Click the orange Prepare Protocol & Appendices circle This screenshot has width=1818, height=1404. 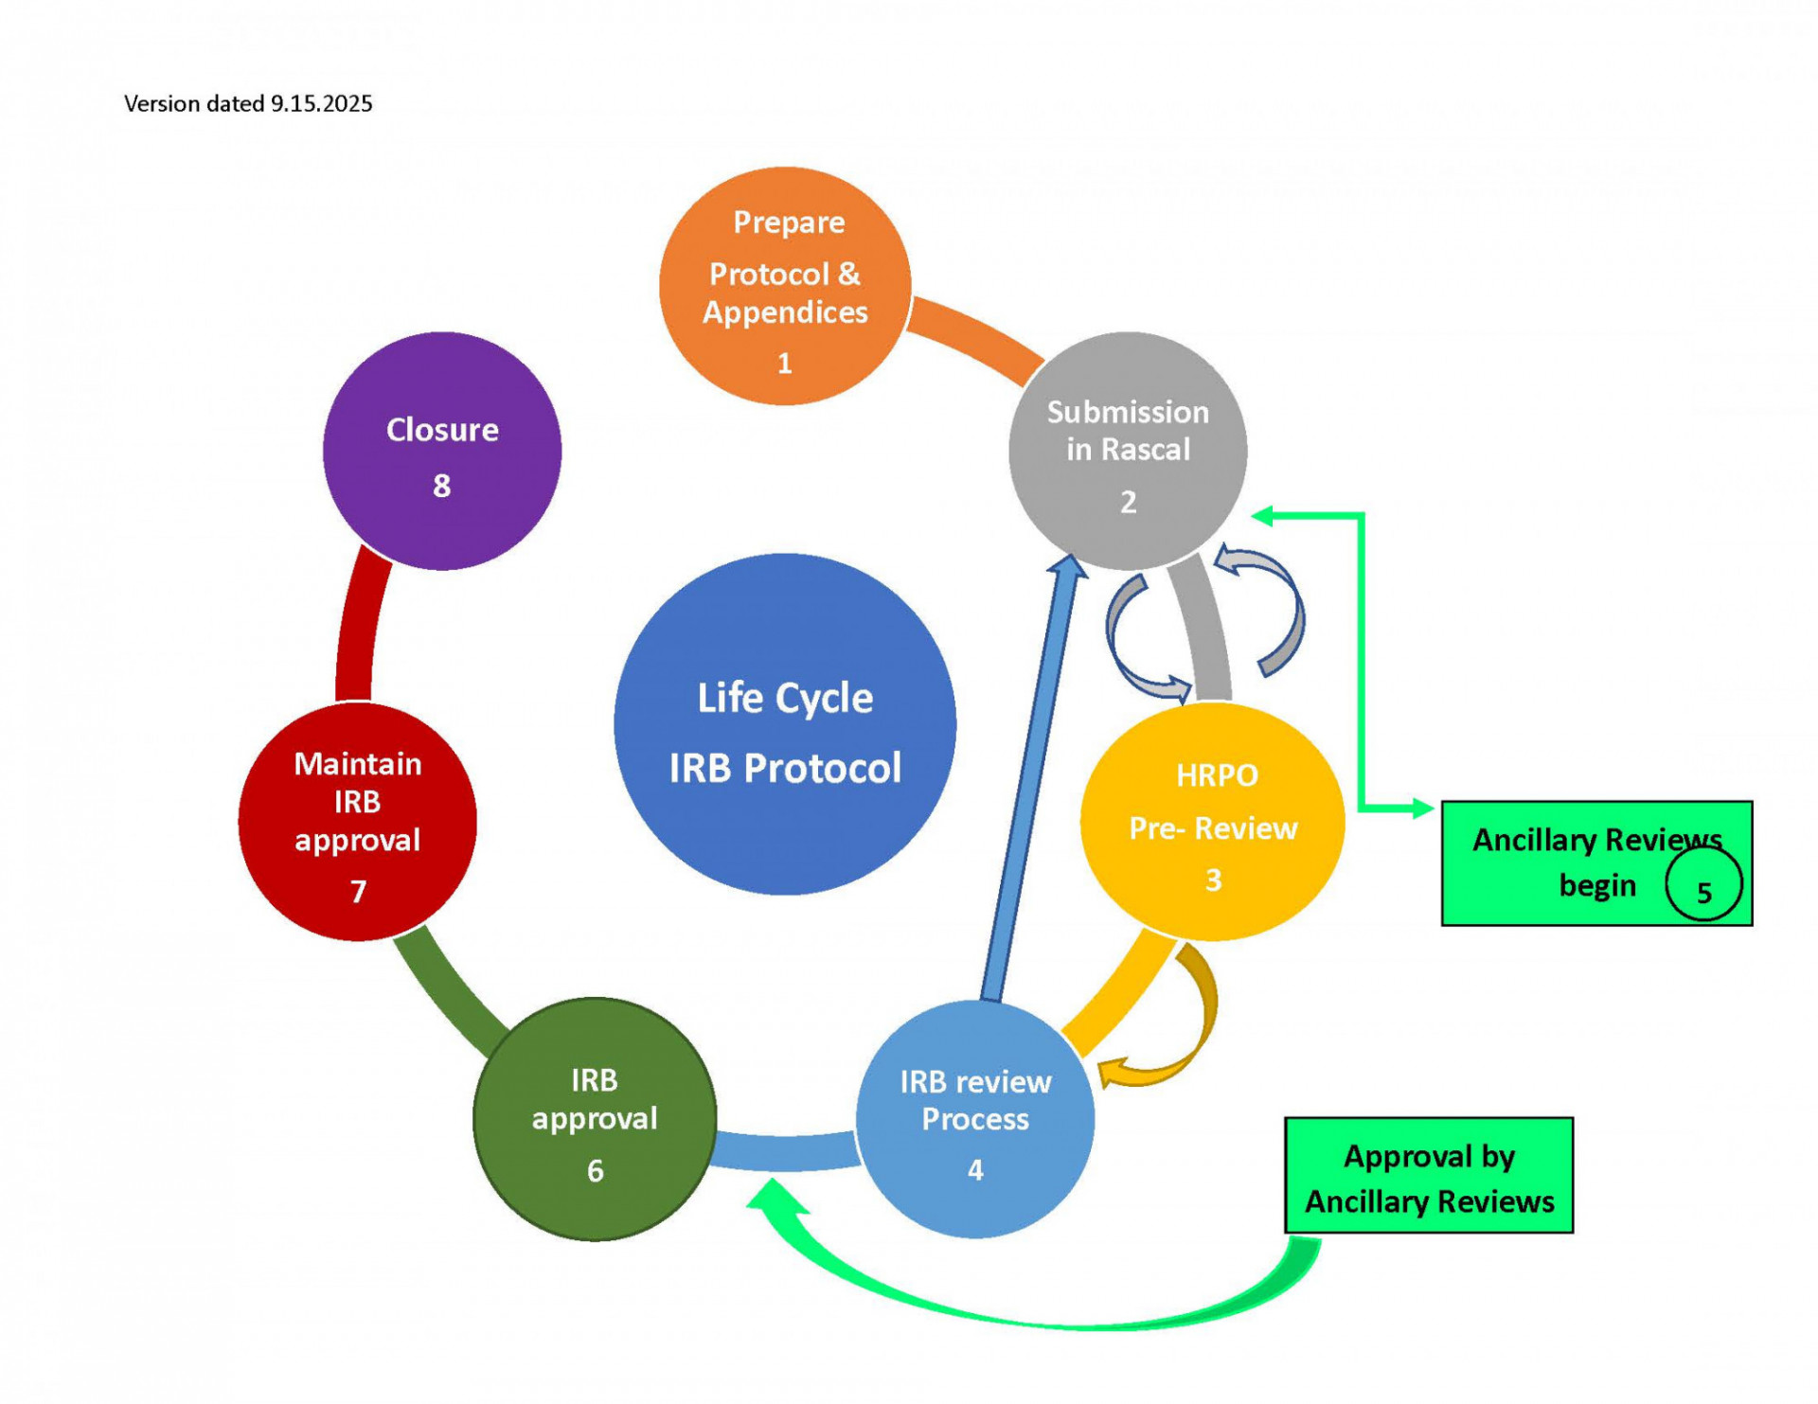785,286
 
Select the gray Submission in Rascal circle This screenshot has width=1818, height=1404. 1127,451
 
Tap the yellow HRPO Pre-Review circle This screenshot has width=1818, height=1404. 1212,822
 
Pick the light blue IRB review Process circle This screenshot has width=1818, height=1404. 975,1119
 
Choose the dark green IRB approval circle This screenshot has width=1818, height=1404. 595,1119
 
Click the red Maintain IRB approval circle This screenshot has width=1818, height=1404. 357,822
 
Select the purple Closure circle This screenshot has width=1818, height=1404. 442,451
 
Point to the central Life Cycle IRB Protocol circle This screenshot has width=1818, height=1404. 785,724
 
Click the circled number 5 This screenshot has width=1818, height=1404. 1703,885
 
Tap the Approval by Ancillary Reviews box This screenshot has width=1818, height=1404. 1429,1175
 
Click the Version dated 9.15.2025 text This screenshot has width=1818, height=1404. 248,103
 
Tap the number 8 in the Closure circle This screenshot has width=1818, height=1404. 442,486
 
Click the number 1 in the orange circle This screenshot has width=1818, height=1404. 785,363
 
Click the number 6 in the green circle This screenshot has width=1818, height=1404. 595,1171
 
